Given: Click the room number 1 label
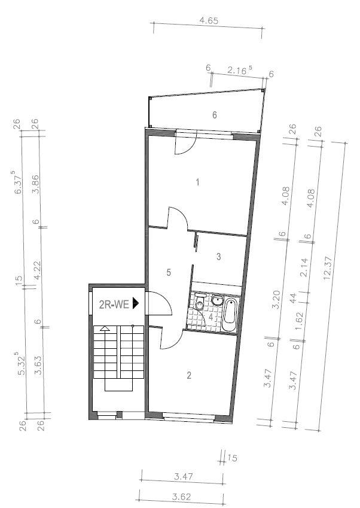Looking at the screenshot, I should coord(197,182).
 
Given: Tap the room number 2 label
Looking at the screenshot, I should coord(189,376).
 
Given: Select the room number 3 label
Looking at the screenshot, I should coord(219,257).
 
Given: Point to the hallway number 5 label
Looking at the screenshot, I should coord(169,272).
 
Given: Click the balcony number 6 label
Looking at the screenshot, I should coord(214,115).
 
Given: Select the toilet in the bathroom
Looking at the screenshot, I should coord(200,305).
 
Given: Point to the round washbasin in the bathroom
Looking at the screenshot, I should coord(217,299).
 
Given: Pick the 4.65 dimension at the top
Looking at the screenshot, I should coord(209,20).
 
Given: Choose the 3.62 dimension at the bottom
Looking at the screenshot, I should coord(181,496).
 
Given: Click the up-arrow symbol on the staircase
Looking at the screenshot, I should coord(105,328).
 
